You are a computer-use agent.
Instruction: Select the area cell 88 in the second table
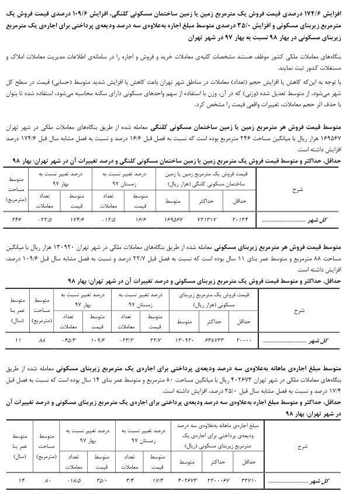(x=42, y=339)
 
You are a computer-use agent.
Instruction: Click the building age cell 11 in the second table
(x=18, y=339)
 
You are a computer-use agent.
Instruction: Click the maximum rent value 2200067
(x=215, y=481)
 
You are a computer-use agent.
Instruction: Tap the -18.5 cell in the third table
(x=75, y=481)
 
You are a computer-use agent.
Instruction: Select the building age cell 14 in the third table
(x=18, y=481)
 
